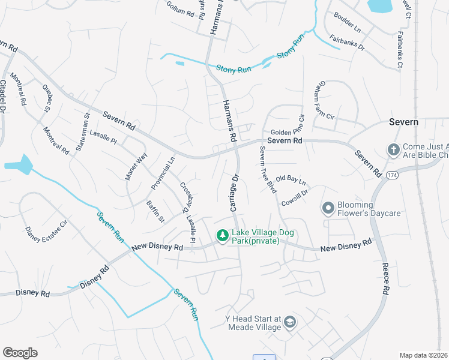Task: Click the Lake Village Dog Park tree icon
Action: [222, 236]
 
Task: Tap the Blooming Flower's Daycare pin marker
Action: [328, 208]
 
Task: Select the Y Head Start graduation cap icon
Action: [290, 322]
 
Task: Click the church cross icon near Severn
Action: [393, 150]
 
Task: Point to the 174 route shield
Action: [392, 175]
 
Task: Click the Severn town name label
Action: [403, 122]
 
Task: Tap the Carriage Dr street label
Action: [235, 193]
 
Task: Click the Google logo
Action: [20, 352]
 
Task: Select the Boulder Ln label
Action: [348, 23]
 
